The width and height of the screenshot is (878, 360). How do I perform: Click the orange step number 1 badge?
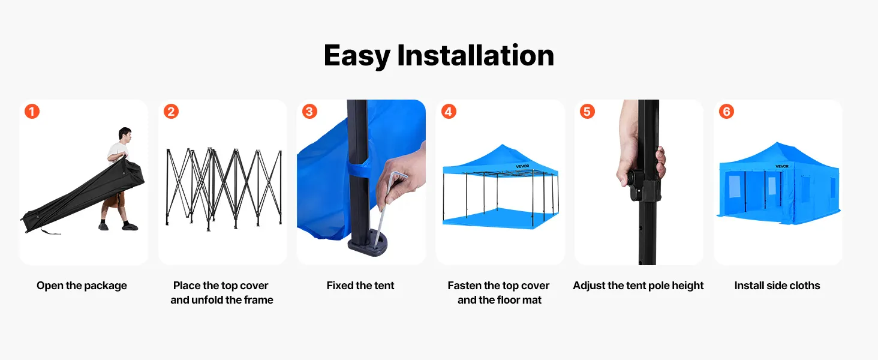[32, 112]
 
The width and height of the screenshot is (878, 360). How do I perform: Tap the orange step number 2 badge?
[171, 112]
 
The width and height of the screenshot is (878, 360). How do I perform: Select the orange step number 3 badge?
[309, 112]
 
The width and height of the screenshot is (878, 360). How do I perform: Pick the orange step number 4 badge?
[449, 112]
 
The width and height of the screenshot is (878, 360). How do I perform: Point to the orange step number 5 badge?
[587, 112]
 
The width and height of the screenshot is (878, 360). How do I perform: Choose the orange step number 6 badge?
[726, 112]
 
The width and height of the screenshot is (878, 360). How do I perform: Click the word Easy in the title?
[357, 56]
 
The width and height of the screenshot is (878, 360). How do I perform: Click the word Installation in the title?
[476, 55]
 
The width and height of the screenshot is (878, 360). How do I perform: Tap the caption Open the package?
[82, 286]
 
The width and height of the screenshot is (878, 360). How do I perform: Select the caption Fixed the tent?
[360, 286]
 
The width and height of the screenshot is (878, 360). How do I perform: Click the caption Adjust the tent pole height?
[638, 286]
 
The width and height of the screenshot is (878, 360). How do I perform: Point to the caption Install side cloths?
[777, 286]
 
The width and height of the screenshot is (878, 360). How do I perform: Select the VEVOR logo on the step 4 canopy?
[522, 166]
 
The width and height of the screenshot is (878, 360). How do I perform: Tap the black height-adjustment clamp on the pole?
[643, 184]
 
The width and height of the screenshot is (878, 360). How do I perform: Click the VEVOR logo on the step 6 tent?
[782, 166]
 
